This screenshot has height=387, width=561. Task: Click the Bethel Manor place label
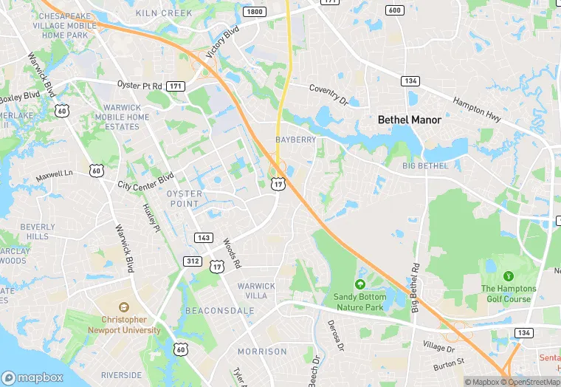[x=410, y=120]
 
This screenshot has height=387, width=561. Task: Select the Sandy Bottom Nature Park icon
[x=360, y=284]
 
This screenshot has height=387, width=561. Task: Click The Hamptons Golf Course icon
[x=507, y=276]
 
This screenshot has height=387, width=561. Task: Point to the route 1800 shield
[x=255, y=12]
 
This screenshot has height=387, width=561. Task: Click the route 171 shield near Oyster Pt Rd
[x=175, y=86]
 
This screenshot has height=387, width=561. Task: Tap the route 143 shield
[x=204, y=238]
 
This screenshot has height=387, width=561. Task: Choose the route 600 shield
[x=395, y=10]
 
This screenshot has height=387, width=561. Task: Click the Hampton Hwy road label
[x=477, y=110]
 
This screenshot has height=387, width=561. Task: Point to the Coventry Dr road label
[x=328, y=94]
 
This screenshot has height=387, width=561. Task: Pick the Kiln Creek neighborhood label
[x=164, y=13]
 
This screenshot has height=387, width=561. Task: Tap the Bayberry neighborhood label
[x=295, y=140]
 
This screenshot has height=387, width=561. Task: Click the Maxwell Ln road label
[x=55, y=176]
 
